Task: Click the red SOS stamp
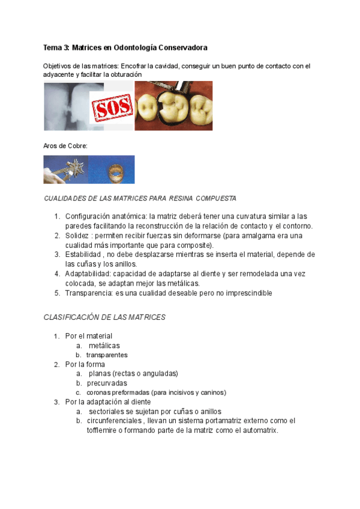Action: [x=112, y=110]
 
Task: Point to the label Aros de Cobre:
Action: [x=65, y=145]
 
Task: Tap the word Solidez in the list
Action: [x=77, y=235]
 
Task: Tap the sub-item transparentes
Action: [x=106, y=355]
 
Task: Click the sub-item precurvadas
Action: [x=107, y=383]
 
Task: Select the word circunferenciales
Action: [x=111, y=421]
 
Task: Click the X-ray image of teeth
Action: [x=67, y=106]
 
